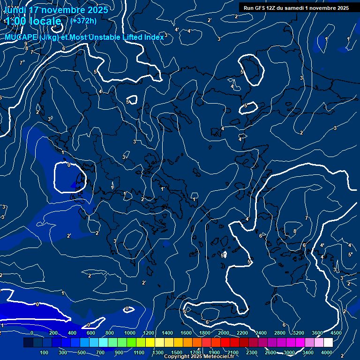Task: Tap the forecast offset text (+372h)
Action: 83,21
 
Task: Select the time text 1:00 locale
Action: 33,21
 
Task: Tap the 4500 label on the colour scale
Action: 336,333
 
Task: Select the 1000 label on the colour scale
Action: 129,333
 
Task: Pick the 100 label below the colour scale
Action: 45,352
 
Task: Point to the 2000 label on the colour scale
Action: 223,333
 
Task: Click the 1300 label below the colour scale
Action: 157,352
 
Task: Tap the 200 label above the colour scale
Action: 52,333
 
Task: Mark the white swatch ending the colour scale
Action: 328,343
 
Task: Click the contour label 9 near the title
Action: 26,44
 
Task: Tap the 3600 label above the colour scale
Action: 317,333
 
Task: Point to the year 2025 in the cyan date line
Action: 96,10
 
